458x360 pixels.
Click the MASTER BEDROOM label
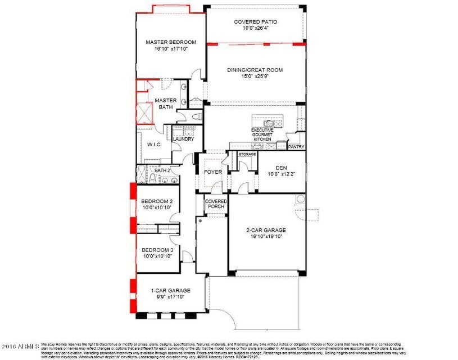[171, 42]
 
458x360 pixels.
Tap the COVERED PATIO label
[256, 22]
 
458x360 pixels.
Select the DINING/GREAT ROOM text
[255, 70]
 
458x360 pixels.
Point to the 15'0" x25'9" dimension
[255, 78]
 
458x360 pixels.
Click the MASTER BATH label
[166, 104]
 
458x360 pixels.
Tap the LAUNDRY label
[183, 139]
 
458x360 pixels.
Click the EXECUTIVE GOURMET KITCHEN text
[262, 134]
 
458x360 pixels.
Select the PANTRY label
[296, 147]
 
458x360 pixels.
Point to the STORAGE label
[247, 154]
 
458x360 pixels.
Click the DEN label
[281, 168]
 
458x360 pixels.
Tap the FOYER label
[212, 172]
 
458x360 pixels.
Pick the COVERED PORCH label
[216, 204]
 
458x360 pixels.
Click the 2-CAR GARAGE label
[266, 230]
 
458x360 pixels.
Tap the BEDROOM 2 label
[156, 201]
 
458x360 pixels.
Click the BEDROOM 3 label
[156, 250]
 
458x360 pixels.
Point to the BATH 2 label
[162, 170]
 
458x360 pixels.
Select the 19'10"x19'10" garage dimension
[266, 237]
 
